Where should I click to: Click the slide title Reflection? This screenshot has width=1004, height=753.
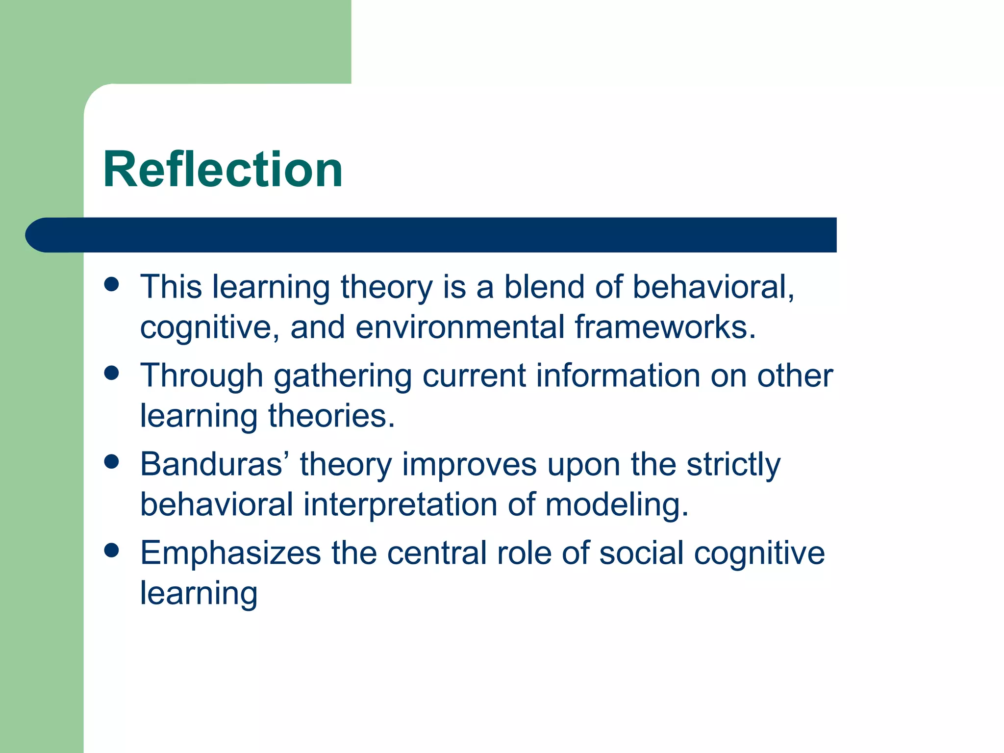223,170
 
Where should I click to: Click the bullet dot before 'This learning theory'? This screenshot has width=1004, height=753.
112,284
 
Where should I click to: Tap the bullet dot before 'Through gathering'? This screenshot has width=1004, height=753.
112,373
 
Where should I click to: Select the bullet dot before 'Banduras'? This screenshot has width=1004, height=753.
112,462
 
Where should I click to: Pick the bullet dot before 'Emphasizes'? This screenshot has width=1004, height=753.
112,551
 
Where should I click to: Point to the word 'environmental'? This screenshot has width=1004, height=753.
460,327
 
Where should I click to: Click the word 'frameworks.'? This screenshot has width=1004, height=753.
665,327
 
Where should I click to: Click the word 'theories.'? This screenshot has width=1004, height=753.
331,416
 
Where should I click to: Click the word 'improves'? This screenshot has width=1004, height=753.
469,466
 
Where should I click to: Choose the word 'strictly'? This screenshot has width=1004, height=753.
733,466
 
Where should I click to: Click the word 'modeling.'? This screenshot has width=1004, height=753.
617,505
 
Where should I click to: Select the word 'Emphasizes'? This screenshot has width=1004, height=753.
230,554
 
